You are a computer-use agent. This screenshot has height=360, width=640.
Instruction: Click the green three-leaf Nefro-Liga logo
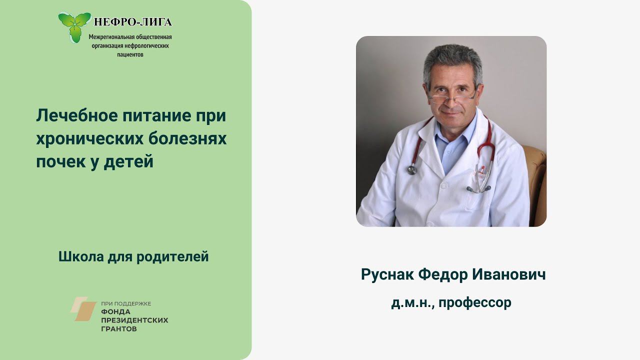click(x=74, y=26)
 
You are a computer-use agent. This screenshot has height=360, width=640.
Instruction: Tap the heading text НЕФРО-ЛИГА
click(x=133, y=22)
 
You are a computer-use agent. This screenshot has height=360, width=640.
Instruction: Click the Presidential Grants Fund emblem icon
click(x=83, y=308)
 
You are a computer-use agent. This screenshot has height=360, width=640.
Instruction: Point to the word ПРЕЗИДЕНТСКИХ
click(x=134, y=320)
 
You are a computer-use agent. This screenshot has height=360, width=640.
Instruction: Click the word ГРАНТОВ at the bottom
click(x=119, y=329)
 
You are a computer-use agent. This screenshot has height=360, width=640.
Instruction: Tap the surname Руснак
click(x=386, y=274)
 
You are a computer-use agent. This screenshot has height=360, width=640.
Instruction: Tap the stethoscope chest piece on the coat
click(x=412, y=169)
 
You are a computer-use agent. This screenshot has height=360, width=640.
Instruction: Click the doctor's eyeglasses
click(x=451, y=95)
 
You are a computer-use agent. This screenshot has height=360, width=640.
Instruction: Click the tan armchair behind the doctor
click(x=536, y=180)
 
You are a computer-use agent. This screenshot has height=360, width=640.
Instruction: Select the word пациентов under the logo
click(x=130, y=54)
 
